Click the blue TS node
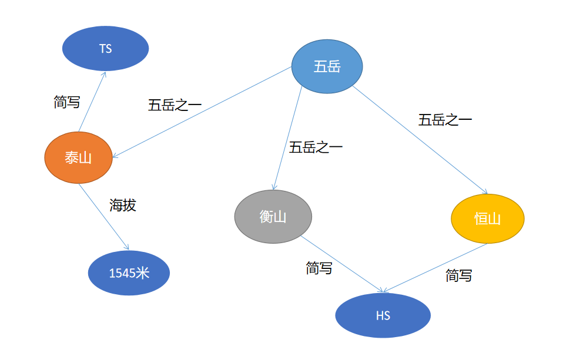pos(106,49)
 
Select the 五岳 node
pos(327,66)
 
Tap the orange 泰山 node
pos(78,157)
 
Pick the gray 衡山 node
pos(273,217)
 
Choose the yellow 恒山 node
pos(487,218)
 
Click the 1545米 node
pos(129,272)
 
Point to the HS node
pos(383,315)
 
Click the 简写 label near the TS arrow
pos(67,102)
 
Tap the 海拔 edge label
pos(123,205)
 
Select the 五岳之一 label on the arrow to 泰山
pos(175,106)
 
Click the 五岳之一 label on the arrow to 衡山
pos(316,147)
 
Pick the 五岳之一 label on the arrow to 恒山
pos(445,120)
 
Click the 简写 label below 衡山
pos(319,268)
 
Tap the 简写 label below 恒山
pos(459,275)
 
